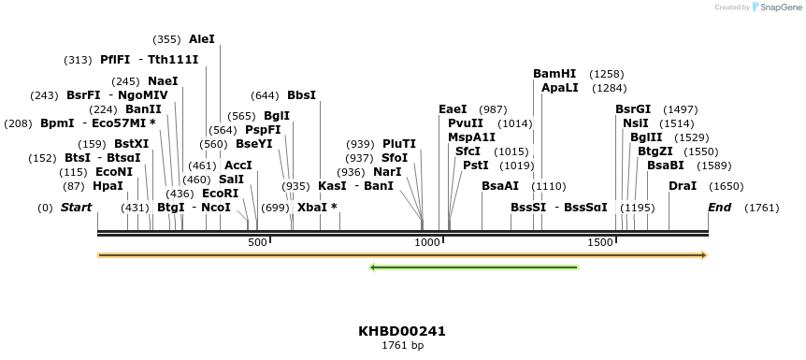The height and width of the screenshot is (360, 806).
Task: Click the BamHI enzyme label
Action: [x=554, y=74]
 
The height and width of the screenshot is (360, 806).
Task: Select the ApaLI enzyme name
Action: [x=559, y=88]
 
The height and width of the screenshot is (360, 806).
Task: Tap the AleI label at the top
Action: [x=201, y=39]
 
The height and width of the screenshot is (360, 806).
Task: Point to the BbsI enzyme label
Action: [x=301, y=95]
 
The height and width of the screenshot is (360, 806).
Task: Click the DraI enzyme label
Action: [x=683, y=186]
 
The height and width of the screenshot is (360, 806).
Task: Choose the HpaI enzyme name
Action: [x=108, y=186]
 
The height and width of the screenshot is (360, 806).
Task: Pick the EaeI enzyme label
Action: [x=453, y=109]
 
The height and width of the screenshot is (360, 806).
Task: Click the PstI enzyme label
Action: [x=475, y=166]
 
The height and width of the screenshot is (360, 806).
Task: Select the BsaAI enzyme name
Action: [x=500, y=186]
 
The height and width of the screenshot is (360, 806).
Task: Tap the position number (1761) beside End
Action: [x=761, y=208]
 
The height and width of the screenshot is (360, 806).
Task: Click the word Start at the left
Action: [x=76, y=208]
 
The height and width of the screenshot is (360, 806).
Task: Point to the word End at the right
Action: [x=719, y=208]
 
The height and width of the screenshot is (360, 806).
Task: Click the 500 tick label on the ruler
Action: [x=257, y=243]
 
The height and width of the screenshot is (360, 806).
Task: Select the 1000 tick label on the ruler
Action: [x=427, y=243]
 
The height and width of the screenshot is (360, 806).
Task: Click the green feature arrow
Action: [x=474, y=268]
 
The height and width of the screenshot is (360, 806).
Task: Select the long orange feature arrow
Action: [x=402, y=255]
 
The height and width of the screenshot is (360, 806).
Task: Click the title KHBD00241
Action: [x=402, y=331]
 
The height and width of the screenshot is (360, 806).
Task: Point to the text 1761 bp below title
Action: [x=402, y=346]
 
